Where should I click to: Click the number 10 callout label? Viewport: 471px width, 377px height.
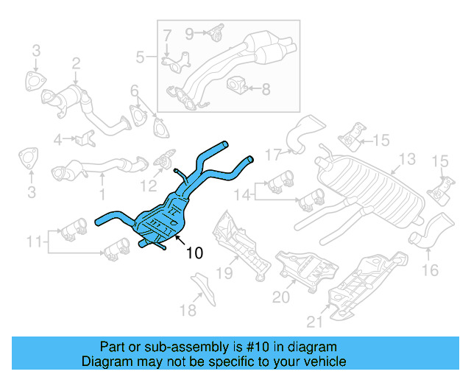[194, 253]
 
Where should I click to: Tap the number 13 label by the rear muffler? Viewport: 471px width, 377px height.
[406, 159]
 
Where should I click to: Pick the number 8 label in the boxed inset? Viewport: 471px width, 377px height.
[266, 90]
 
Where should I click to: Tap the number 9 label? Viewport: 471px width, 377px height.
[189, 32]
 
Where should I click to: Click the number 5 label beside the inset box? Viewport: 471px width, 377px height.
[141, 57]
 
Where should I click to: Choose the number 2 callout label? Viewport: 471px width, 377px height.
[75, 68]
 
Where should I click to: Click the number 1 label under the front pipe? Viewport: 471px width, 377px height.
[102, 195]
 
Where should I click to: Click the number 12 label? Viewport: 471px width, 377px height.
[149, 186]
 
